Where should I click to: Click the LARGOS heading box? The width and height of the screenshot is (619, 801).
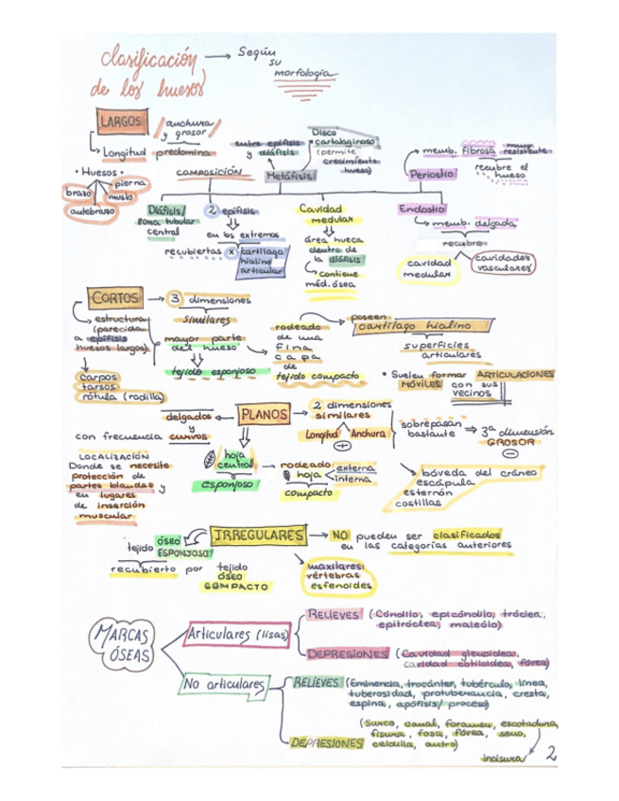(120, 122)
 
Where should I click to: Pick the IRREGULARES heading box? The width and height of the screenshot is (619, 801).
(258, 535)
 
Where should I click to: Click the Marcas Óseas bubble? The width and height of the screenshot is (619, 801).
(123, 646)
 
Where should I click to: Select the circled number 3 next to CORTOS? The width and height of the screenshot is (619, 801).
(176, 299)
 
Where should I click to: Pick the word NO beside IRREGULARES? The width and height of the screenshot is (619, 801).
(341, 535)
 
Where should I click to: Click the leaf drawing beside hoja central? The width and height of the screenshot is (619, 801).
(210, 460)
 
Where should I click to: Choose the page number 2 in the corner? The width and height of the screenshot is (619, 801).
(551, 753)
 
